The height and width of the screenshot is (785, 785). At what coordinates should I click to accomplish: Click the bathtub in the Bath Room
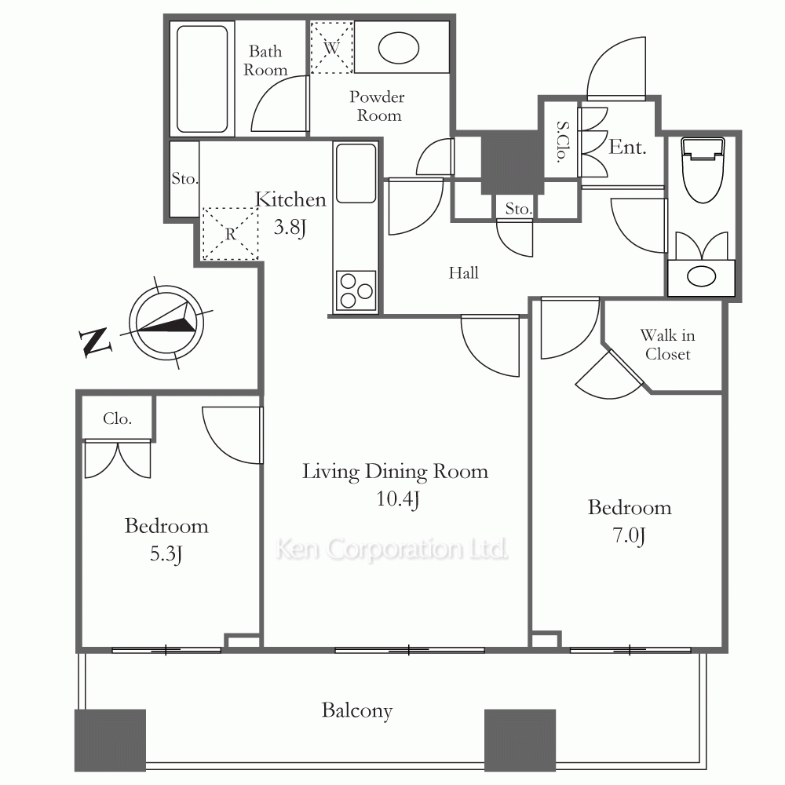tap(203, 79)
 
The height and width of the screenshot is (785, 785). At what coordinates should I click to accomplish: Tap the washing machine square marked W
tap(331, 48)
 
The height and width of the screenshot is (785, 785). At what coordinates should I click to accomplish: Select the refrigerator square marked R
tap(230, 234)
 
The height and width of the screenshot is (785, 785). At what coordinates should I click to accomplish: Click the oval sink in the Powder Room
tap(399, 48)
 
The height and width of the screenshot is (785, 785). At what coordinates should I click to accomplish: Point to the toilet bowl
tap(703, 170)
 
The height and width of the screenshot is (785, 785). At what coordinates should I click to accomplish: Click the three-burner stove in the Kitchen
tap(356, 290)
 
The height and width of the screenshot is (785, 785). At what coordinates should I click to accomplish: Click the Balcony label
tap(357, 711)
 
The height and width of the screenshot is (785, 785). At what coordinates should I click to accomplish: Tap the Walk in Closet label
tap(668, 345)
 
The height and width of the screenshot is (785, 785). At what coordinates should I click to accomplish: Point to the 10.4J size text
tap(397, 499)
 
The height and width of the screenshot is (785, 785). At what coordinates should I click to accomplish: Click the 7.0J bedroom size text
tap(630, 535)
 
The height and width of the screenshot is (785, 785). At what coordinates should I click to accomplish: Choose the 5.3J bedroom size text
tap(166, 554)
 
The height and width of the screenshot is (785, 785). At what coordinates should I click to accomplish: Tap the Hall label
tap(464, 273)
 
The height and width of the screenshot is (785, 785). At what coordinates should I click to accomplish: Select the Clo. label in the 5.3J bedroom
tap(118, 418)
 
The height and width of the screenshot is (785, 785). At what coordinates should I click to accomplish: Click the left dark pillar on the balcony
tap(110, 740)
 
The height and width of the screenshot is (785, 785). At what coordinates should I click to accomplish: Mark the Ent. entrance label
tap(627, 148)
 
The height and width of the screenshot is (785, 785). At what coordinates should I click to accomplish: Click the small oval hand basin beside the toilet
tap(701, 276)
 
